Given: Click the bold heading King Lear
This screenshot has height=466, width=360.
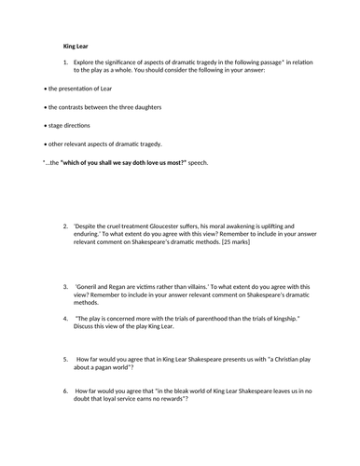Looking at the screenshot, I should coord(76,43).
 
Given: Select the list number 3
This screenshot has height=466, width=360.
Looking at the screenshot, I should coord(66,286).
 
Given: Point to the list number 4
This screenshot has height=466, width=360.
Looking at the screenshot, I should coord(66,317).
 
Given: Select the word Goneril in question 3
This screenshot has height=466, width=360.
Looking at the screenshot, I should coord(95,286).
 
